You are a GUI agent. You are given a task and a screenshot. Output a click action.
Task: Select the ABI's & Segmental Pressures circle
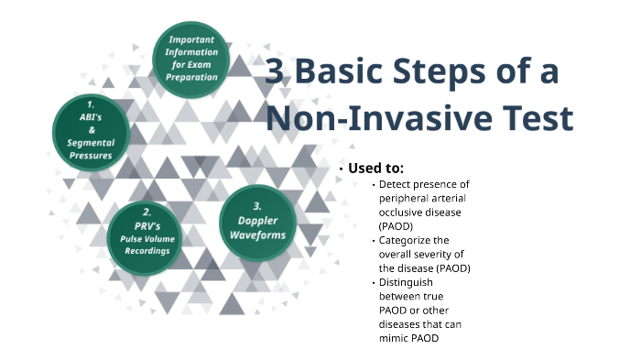pos(91,132)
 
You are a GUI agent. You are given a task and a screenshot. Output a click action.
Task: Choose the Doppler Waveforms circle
pos(258,223)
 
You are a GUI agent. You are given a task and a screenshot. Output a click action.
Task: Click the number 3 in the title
pos(275,73)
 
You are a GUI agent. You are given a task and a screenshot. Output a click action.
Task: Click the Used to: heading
pos(375,169)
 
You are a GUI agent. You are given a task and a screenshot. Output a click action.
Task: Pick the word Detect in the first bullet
pos(395,185)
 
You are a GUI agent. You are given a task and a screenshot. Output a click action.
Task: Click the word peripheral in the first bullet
pos(403,199)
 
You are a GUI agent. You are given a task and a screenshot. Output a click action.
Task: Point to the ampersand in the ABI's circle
pos(90,131)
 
